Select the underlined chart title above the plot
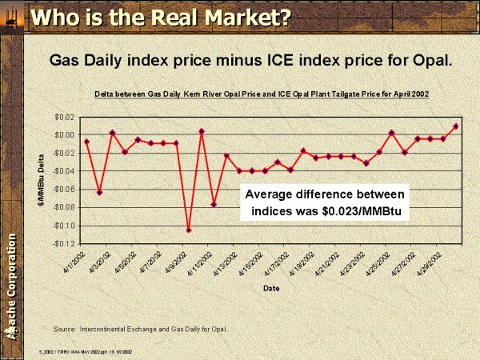coord(262,94)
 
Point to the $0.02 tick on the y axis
coord(64,117)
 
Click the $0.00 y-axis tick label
coord(64,134)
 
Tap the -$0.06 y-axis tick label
coord(63,189)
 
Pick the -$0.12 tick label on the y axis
coord(63,243)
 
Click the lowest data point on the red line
coord(189,230)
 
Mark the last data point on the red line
coord(455,126)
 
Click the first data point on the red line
coord(86,142)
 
